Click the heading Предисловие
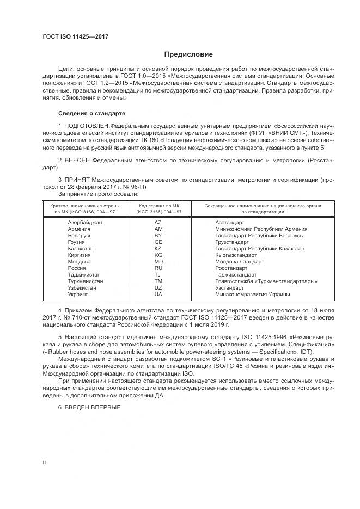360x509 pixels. tap(189, 54)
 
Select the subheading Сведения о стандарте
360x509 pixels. tap(91, 113)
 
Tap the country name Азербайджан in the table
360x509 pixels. tap(84, 223)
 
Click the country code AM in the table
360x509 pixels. tap(158, 229)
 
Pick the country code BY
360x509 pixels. tap(158, 236)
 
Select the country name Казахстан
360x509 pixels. tap(81, 249)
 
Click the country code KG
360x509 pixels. tap(158, 255)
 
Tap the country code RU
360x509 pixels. tap(158, 268)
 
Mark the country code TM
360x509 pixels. tap(158, 281)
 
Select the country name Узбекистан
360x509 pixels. tap(82, 288)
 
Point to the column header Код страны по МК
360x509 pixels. tap(160, 206)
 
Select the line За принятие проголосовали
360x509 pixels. tap(98, 193)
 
